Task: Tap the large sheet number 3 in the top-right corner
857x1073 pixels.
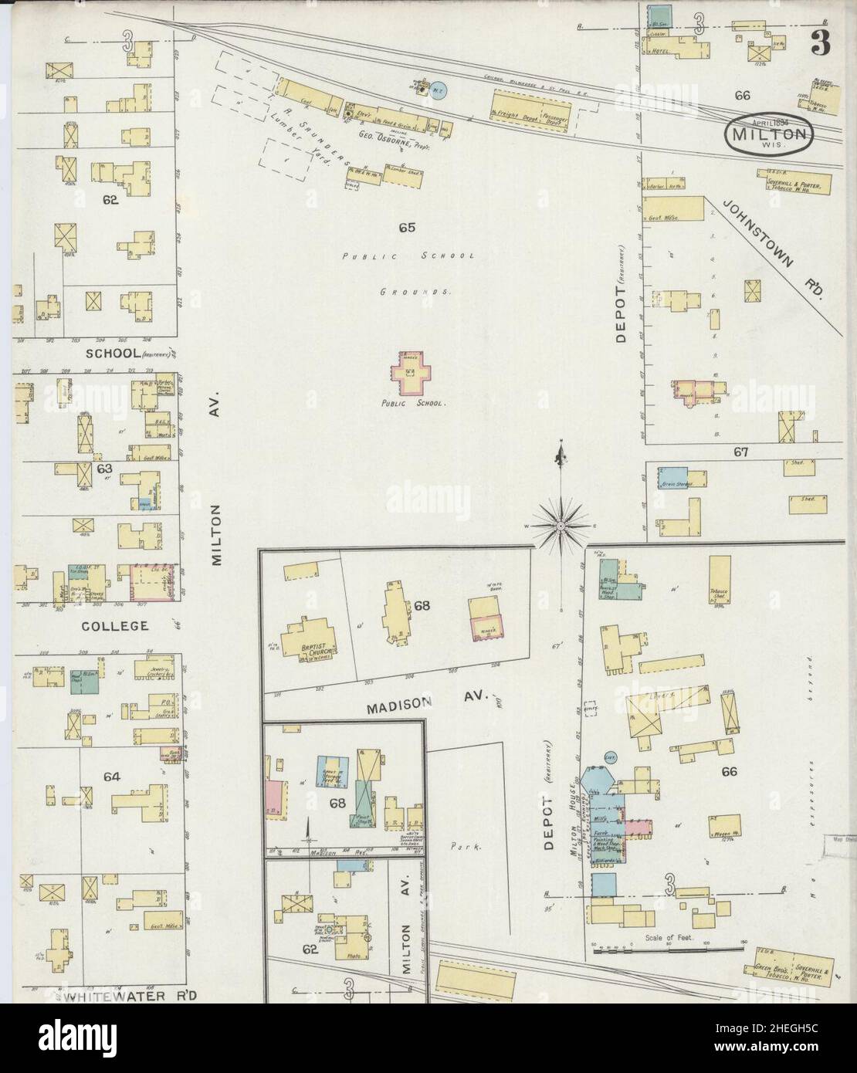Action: click(820, 46)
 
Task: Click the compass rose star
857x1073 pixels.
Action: click(561, 524)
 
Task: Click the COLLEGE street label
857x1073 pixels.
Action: click(115, 625)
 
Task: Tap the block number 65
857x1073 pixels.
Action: click(408, 227)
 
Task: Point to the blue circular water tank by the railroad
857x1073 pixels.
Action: click(438, 90)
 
